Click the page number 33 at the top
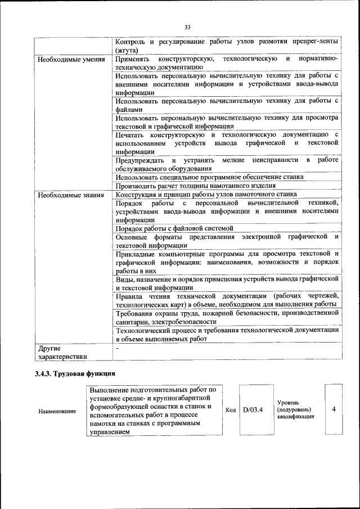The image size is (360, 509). tap(187, 26)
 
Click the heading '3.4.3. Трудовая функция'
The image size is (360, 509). tap(75, 373)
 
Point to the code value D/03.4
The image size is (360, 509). tap(253, 409)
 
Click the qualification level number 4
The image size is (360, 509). tap(334, 409)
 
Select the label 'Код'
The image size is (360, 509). tap(230, 410)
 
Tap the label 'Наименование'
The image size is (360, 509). tap(57, 411)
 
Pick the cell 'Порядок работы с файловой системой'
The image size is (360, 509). tap(174, 228)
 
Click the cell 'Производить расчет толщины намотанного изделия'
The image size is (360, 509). tap(195, 186)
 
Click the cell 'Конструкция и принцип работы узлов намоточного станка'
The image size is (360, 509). tap(206, 195)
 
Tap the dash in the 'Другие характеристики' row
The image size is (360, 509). tap(117, 349)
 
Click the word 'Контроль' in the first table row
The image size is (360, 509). tap(131, 42)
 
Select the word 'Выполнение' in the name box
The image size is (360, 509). tap(111, 389)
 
